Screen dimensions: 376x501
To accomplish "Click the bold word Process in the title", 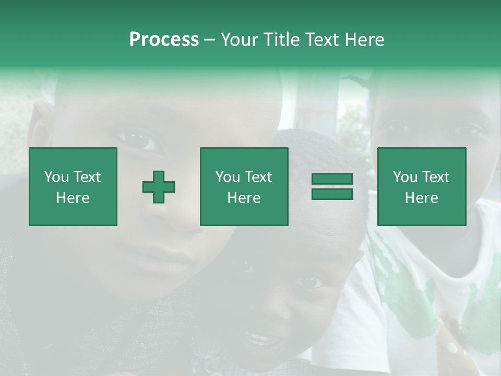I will pos(164,40).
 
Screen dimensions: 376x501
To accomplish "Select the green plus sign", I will pos(159,187).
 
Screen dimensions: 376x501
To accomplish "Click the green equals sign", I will pos(332,186).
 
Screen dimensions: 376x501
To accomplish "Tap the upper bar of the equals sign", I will pos(332,179).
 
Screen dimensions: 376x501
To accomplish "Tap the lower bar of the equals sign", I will pos(332,194).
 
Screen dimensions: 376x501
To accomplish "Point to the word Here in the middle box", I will pos(244,198).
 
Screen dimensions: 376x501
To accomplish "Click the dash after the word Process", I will pos(210,40).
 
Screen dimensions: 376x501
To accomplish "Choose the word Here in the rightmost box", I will pos(422,198).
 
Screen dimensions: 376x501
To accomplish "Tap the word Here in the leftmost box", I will pos(73,198).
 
